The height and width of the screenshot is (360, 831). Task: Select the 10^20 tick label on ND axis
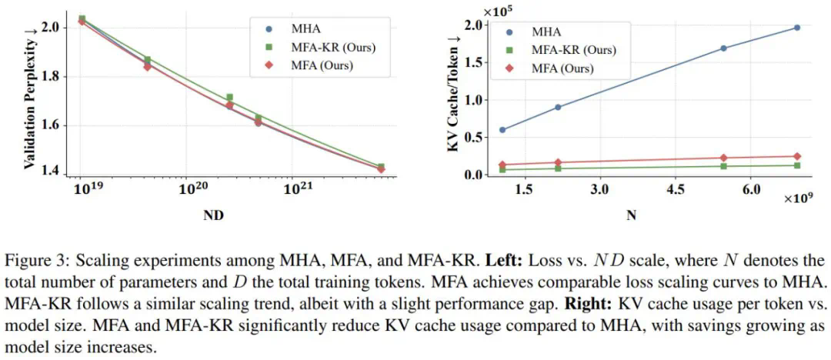pyautogui.click(x=191, y=188)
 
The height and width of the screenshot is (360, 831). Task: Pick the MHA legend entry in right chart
pyautogui.click(x=546, y=32)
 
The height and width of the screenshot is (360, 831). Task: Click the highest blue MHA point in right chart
pyautogui.click(x=796, y=28)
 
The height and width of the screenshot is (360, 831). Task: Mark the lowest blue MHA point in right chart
pyautogui.click(x=502, y=129)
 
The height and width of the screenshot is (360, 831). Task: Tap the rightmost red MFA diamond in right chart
pyautogui.click(x=796, y=156)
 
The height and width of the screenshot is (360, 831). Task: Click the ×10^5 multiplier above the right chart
pyautogui.click(x=496, y=10)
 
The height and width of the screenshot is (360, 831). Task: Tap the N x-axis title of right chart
pyautogui.click(x=631, y=216)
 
